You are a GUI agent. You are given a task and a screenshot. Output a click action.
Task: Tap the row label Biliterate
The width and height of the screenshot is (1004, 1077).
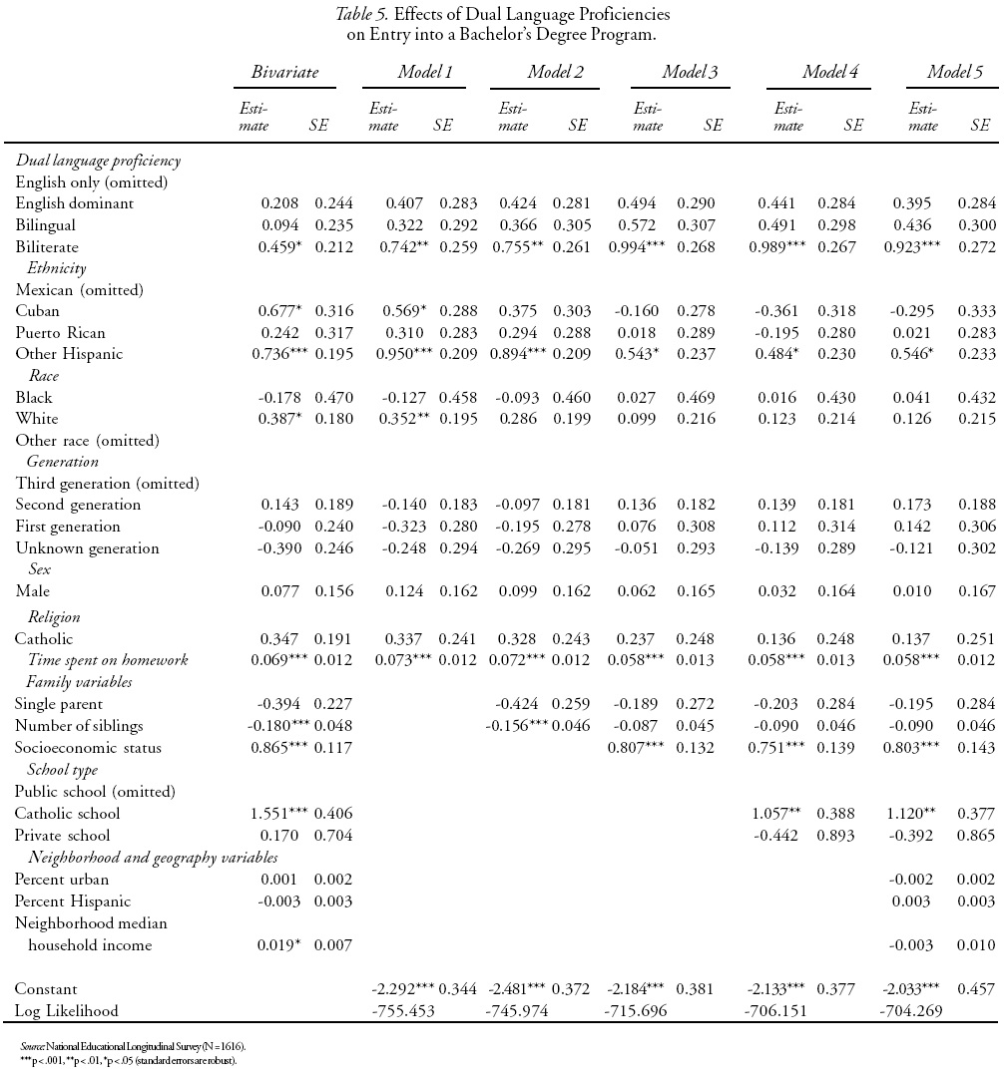(x=46, y=246)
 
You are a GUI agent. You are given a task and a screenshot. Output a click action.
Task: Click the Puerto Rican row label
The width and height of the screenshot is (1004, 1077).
(x=60, y=332)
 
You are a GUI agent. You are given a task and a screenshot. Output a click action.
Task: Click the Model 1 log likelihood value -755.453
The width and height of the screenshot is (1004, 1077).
(x=402, y=1010)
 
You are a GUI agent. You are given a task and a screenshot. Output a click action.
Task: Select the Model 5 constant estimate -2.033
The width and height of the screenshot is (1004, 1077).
(x=911, y=989)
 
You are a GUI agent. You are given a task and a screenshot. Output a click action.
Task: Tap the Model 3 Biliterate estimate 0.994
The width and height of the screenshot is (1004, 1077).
(x=642, y=246)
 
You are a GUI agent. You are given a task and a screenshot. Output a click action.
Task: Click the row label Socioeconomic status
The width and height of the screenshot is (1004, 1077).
(x=88, y=748)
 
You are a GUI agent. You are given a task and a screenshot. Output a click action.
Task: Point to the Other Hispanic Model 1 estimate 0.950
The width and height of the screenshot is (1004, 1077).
(x=400, y=354)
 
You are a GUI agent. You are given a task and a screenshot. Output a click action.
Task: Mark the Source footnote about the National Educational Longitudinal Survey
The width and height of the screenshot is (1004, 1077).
(x=132, y=1045)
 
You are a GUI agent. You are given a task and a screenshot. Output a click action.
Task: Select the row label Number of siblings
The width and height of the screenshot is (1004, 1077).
(x=80, y=726)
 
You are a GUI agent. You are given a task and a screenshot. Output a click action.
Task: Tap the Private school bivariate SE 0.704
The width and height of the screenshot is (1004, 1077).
(x=333, y=835)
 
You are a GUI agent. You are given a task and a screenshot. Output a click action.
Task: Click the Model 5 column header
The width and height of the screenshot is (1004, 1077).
(x=955, y=72)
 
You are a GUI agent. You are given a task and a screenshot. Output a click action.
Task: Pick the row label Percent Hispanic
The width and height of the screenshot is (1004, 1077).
(x=73, y=901)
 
